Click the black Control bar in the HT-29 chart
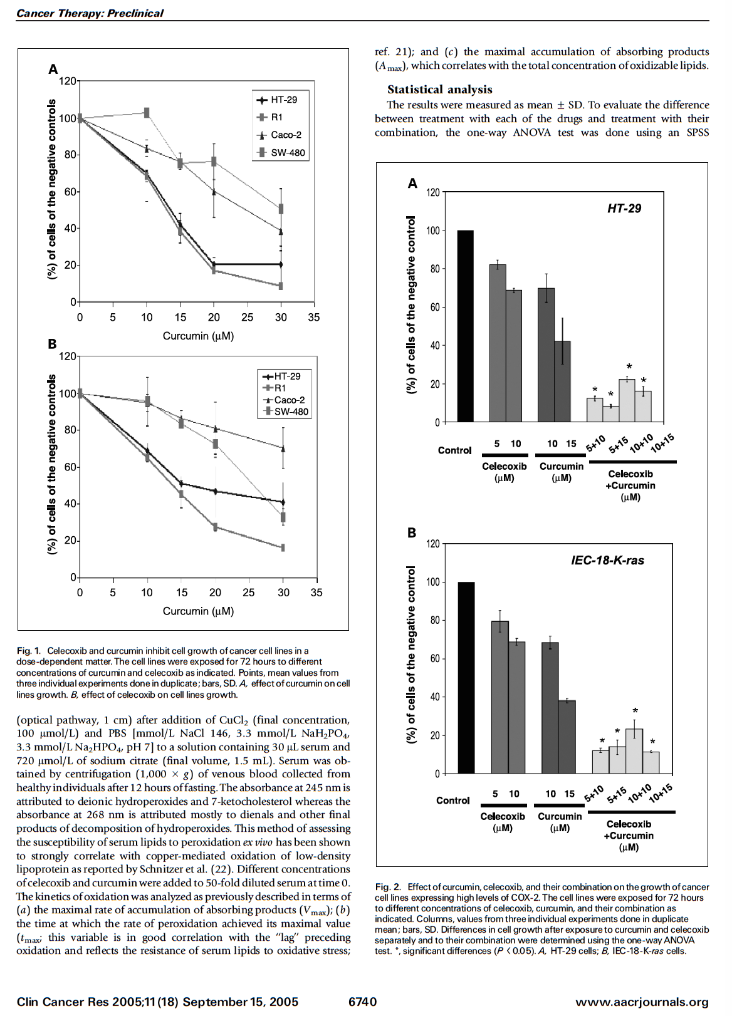click(465, 326)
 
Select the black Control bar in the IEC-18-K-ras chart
click(466, 678)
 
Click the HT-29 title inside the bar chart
click(624, 209)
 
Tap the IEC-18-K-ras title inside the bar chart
click(607, 560)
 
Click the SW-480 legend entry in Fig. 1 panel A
click(281, 152)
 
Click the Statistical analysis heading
click(439, 90)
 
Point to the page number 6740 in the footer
click(363, 1002)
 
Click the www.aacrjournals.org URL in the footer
click(642, 1002)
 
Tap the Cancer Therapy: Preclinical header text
click(90, 13)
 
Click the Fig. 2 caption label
click(387, 887)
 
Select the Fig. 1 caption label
click(29, 651)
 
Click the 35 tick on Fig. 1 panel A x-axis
click(314, 318)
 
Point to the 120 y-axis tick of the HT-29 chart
click(432, 192)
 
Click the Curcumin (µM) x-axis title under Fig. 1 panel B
click(198, 611)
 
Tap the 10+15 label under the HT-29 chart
click(662, 443)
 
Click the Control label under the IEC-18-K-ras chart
click(453, 801)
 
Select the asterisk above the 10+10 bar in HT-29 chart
click(629, 367)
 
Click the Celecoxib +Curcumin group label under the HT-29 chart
click(630, 485)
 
